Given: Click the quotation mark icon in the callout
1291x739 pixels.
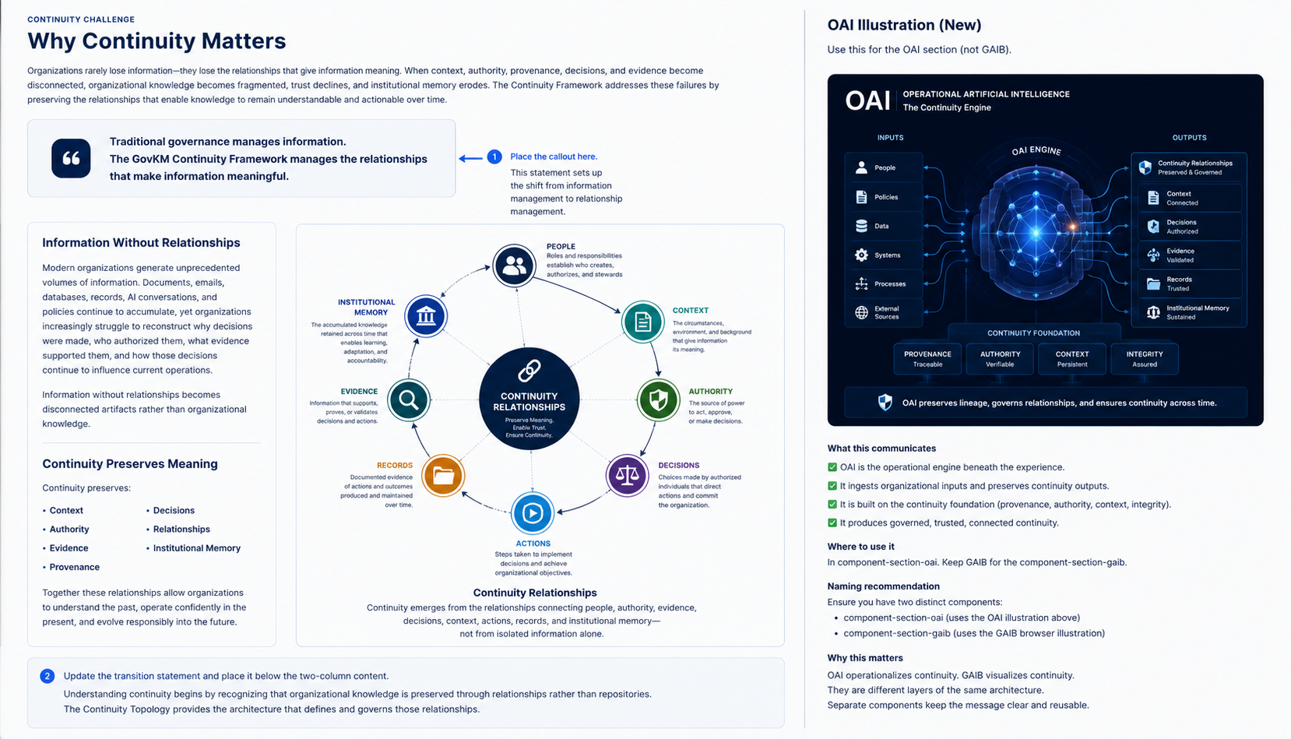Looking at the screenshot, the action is tap(71, 158).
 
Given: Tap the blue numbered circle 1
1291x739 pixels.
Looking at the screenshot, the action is tap(494, 157).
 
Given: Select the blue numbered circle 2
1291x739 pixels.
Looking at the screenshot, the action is tap(47, 676).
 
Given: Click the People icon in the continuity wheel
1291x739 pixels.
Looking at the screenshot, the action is tap(514, 266).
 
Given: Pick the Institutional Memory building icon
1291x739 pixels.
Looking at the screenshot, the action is tap(426, 316).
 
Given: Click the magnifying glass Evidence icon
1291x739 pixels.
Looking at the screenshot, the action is tap(409, 399).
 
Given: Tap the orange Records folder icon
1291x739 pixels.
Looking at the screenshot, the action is tap(442, 476).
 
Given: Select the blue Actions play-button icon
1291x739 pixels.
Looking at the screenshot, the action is tap(532, 512).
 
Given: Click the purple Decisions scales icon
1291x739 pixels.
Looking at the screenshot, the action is tap(627, 476).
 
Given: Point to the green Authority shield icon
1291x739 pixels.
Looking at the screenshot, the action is tap(658, 399).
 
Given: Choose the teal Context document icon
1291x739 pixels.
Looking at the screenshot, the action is tap(642, 322).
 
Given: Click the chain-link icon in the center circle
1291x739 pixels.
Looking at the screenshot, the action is tap(529, 371).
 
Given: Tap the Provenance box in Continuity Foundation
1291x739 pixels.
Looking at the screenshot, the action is tap(927, 358).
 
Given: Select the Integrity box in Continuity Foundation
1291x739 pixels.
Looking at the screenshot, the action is tap(1144, 358).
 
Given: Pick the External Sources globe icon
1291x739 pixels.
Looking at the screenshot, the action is tap(861, 312).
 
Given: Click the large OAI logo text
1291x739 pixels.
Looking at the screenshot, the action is tap(867, 100).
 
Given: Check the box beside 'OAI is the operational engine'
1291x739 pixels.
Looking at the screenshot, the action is tap(832, 467).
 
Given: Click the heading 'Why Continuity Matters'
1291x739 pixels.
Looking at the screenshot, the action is tap(157, 41).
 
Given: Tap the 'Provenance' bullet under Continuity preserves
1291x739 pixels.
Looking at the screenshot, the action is tap(74, 567).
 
